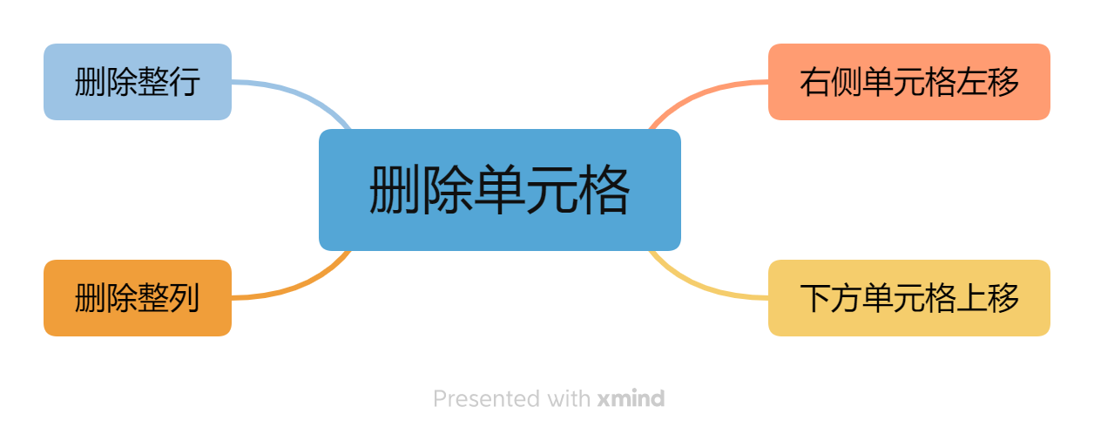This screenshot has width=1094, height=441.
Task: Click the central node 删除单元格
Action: pos(499,190)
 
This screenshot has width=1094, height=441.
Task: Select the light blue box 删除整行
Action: pos(138,82)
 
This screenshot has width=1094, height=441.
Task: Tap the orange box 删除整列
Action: pos(138,298)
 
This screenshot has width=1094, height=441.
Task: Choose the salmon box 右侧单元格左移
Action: pos(908,82)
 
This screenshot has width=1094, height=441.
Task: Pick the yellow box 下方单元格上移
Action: pos(908,298)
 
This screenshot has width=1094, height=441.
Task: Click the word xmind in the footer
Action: pos(631,399)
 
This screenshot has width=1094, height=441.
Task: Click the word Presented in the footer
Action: pos(487,399)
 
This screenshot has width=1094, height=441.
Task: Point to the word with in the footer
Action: pos(570,399)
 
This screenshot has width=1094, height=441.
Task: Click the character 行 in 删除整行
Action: pos(185,82)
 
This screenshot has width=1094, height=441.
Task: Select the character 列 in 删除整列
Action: pos(185,298)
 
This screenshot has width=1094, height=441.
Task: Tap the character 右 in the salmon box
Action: pos(815,82)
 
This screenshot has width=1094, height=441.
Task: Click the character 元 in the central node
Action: pos(550,190)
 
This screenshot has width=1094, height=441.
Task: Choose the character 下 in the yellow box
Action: pos(815,298)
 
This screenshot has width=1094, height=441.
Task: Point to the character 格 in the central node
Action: pos(603,190)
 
